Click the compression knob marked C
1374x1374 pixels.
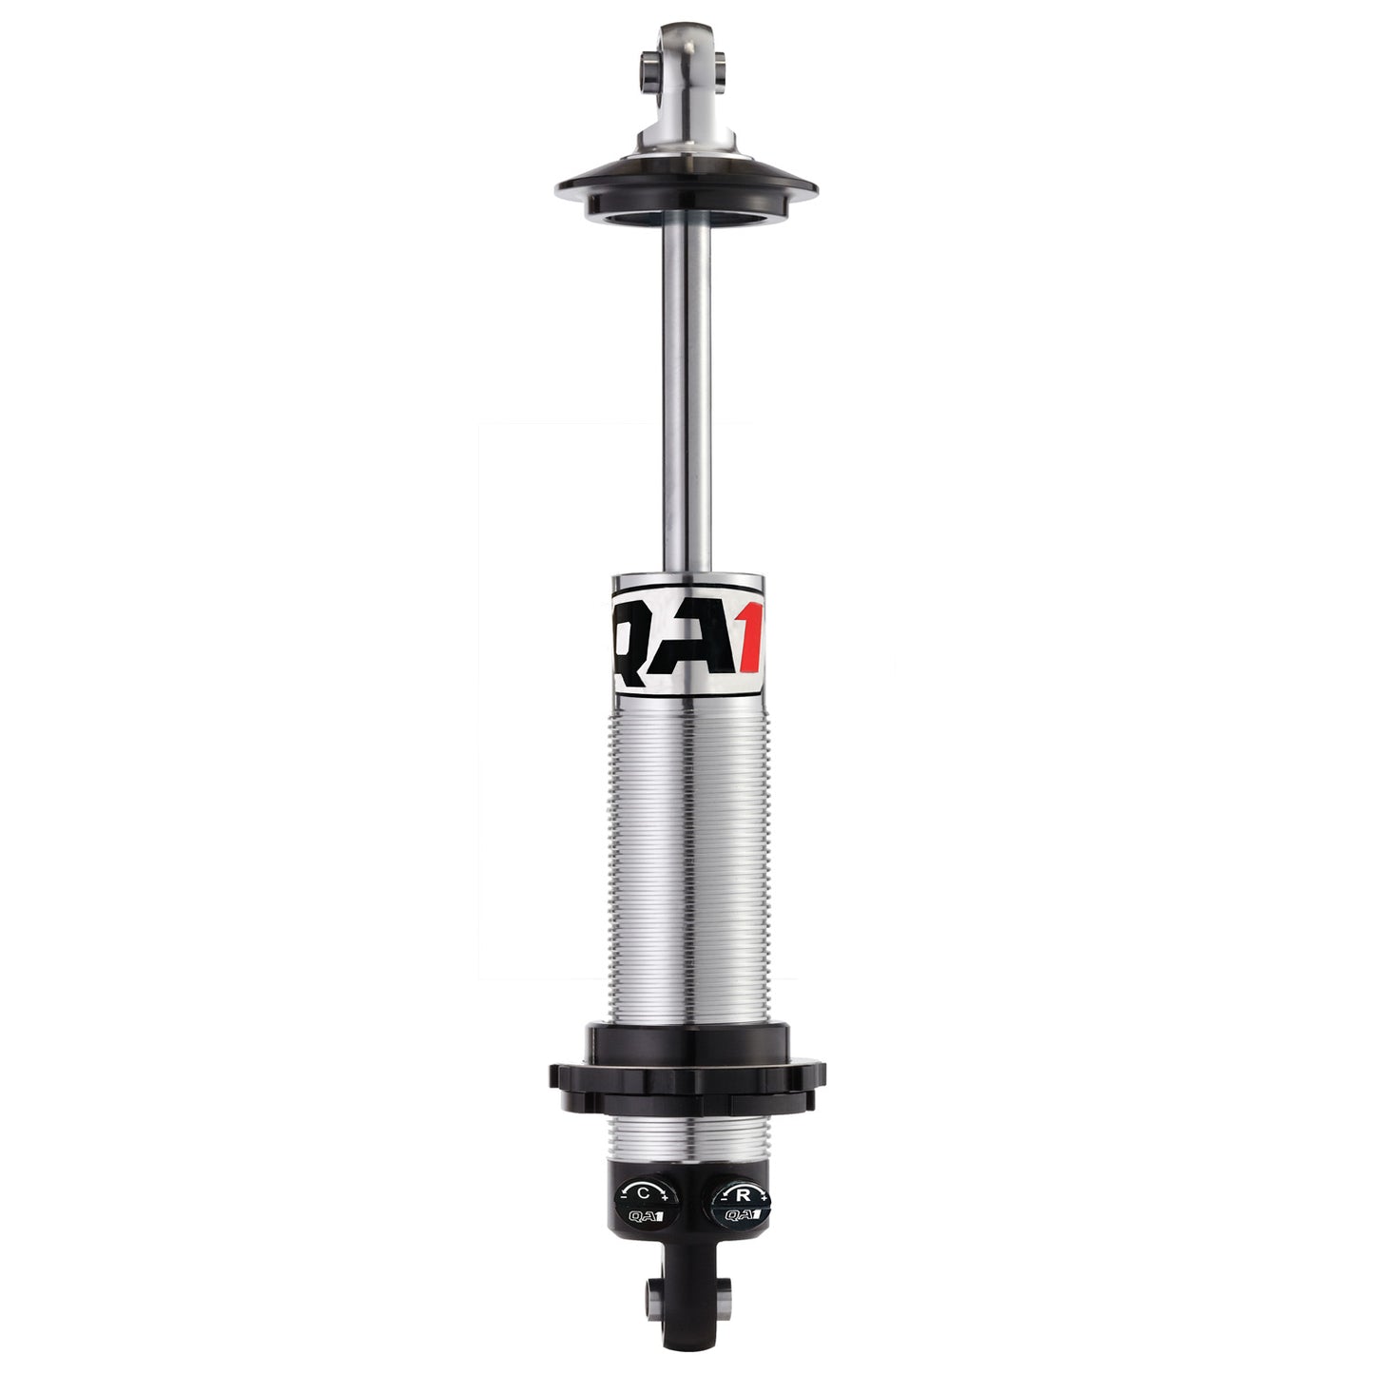643,1202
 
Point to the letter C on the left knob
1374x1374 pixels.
643,1191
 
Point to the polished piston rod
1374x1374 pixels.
687,399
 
